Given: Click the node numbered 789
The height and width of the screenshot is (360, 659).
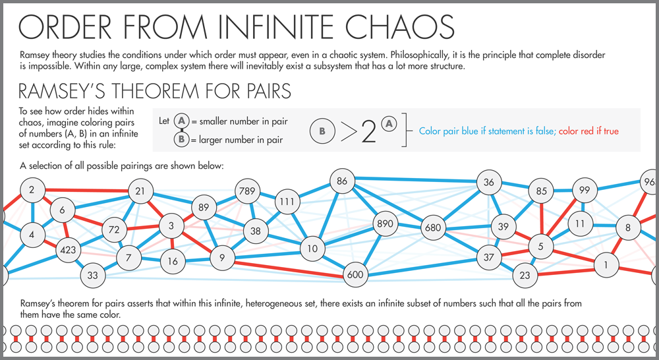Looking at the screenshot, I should point(247,192).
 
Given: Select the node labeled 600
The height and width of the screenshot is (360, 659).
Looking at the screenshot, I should point(355,275).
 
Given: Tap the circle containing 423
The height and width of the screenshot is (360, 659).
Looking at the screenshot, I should point(69,250).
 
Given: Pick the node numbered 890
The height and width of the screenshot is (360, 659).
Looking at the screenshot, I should point(384,224).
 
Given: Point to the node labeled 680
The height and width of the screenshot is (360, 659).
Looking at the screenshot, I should point(432,228).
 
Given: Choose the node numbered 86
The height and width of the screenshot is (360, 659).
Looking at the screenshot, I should point(341,181).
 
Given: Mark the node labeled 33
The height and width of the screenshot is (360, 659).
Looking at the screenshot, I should point(92,275).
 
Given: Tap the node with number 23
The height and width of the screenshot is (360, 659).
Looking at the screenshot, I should point(525,275).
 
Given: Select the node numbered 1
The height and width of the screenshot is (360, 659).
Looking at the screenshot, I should point(604,265).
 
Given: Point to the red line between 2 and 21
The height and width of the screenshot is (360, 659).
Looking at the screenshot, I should point(86,191).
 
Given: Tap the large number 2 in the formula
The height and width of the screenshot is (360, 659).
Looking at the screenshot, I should point(368,133).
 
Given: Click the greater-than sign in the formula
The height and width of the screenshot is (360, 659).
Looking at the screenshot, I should point(346,133).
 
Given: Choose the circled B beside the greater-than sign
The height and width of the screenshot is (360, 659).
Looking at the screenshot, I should point(322,131).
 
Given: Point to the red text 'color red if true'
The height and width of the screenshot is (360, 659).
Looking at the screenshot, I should point(588,131).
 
